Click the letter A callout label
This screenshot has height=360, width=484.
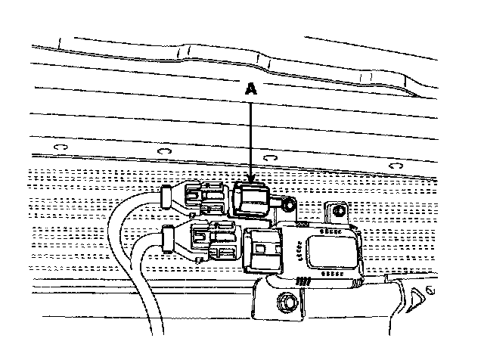tap(250, 88)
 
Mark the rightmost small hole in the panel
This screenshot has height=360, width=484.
tap(393, 166)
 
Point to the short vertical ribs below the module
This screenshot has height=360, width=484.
tap(303, 281)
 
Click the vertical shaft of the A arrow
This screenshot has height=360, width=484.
tap(250, 136)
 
